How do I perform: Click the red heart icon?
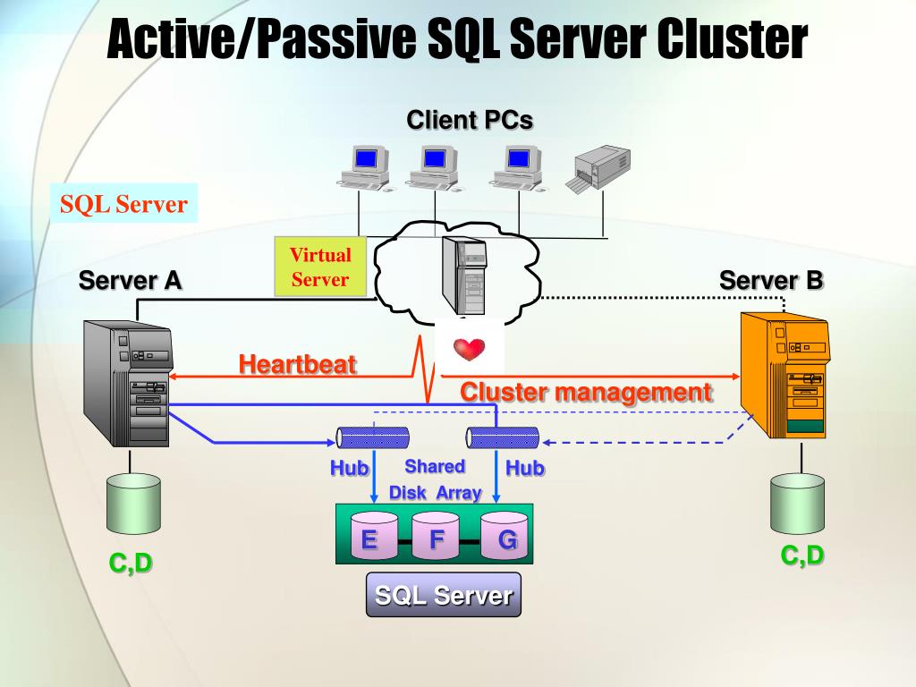[x=469, y=349]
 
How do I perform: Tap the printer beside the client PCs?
[x=597, y=168]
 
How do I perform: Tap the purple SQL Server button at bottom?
[x=443, y=596]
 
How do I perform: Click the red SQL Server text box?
[x=123, y=205]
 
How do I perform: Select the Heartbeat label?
[x=297, y=364]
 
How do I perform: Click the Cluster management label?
[x=586, y=392]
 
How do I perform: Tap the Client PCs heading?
[x=470, y=120]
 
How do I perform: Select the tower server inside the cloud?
[x=466, y=274]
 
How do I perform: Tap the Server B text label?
[x=770, y=280]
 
